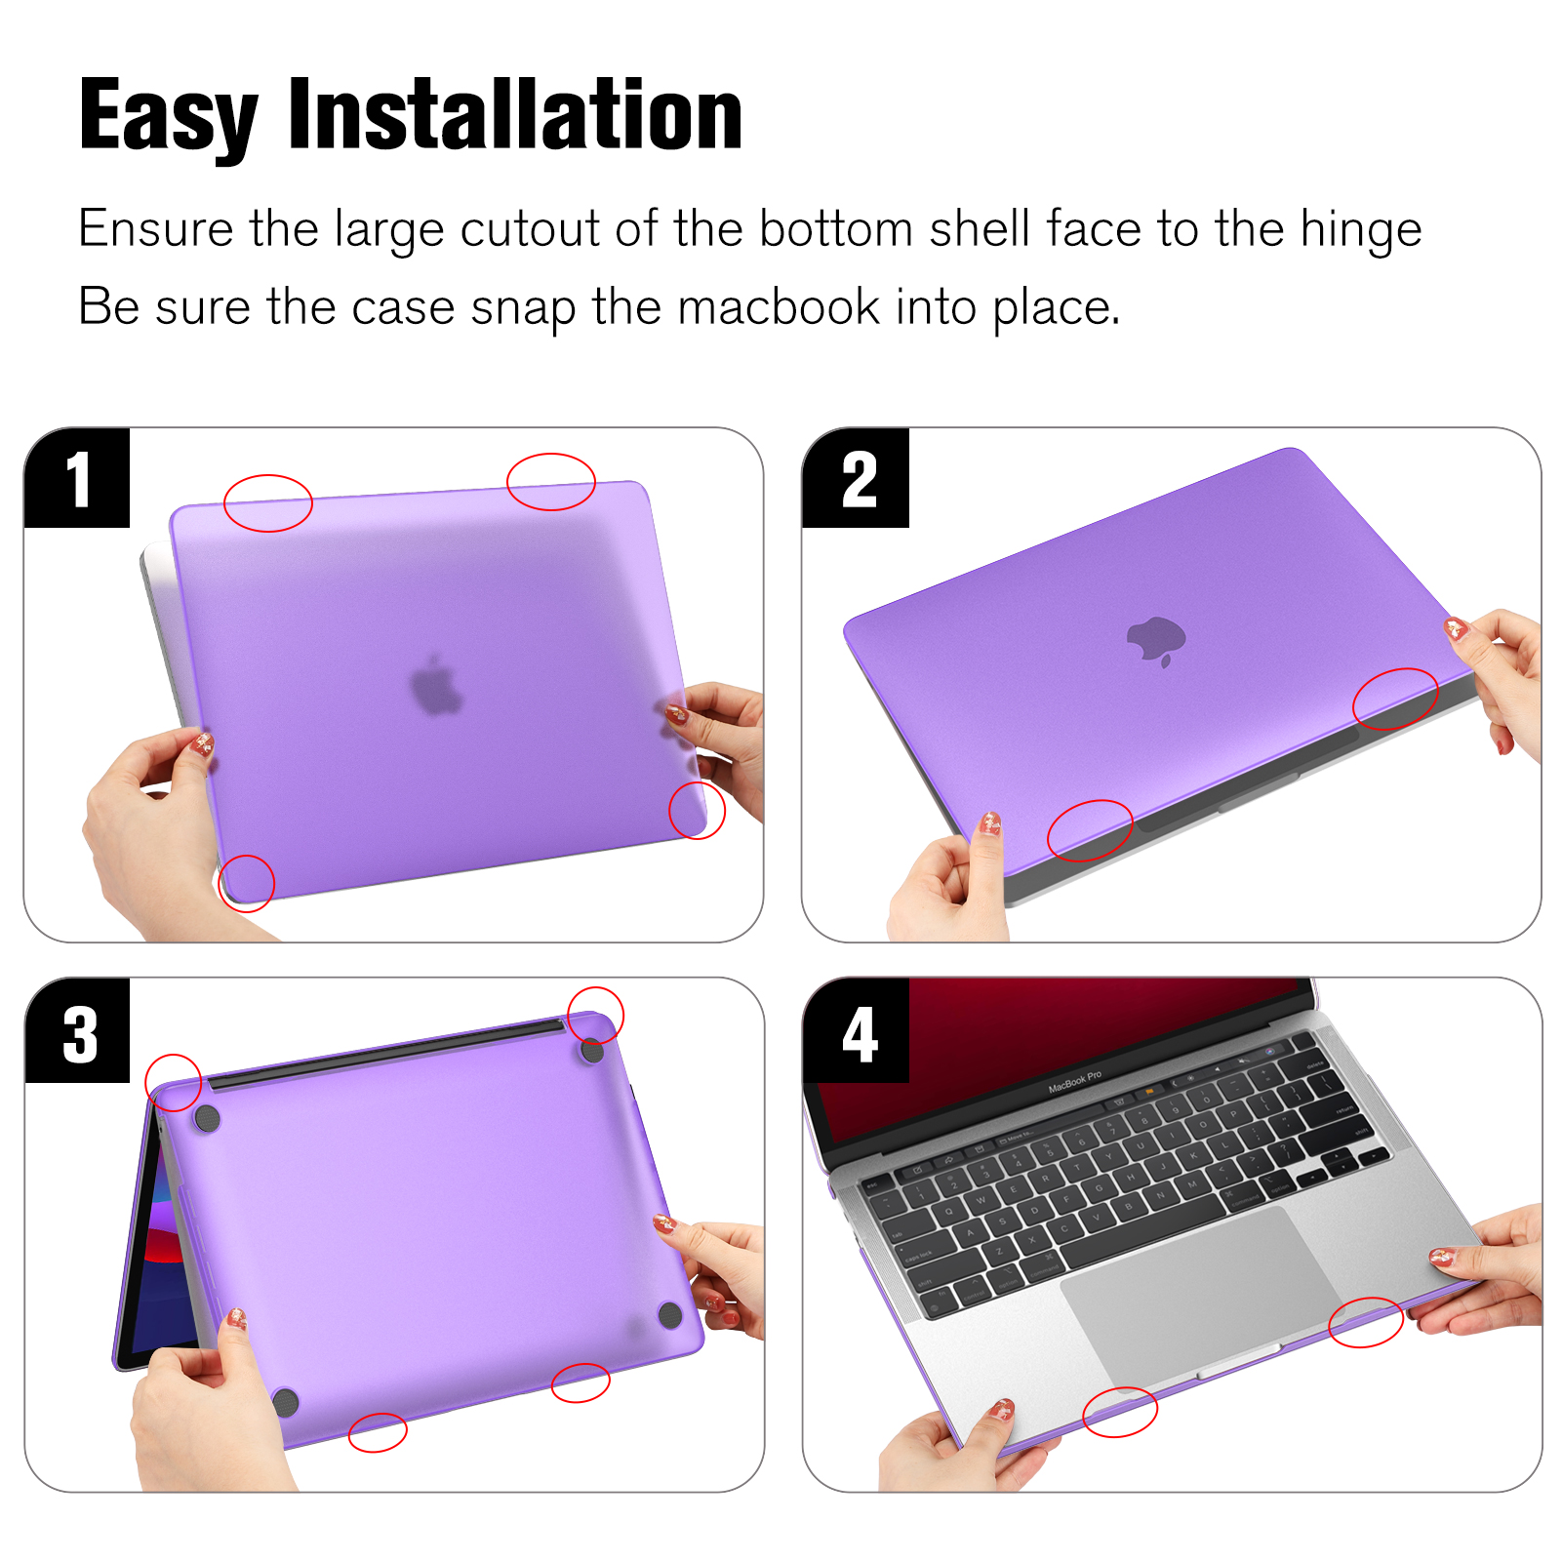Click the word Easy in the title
[x=168, y=117]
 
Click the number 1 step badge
[x=77, y=478]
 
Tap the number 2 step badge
[x=856, y=478]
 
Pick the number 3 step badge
[x=77, y=1032]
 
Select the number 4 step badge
[x=857, y=1032]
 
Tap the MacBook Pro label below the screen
[x=1074, y=1081]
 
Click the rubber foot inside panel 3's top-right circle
[x=591, y=1050]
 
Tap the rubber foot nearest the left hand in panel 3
[x=286, y=1403]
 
